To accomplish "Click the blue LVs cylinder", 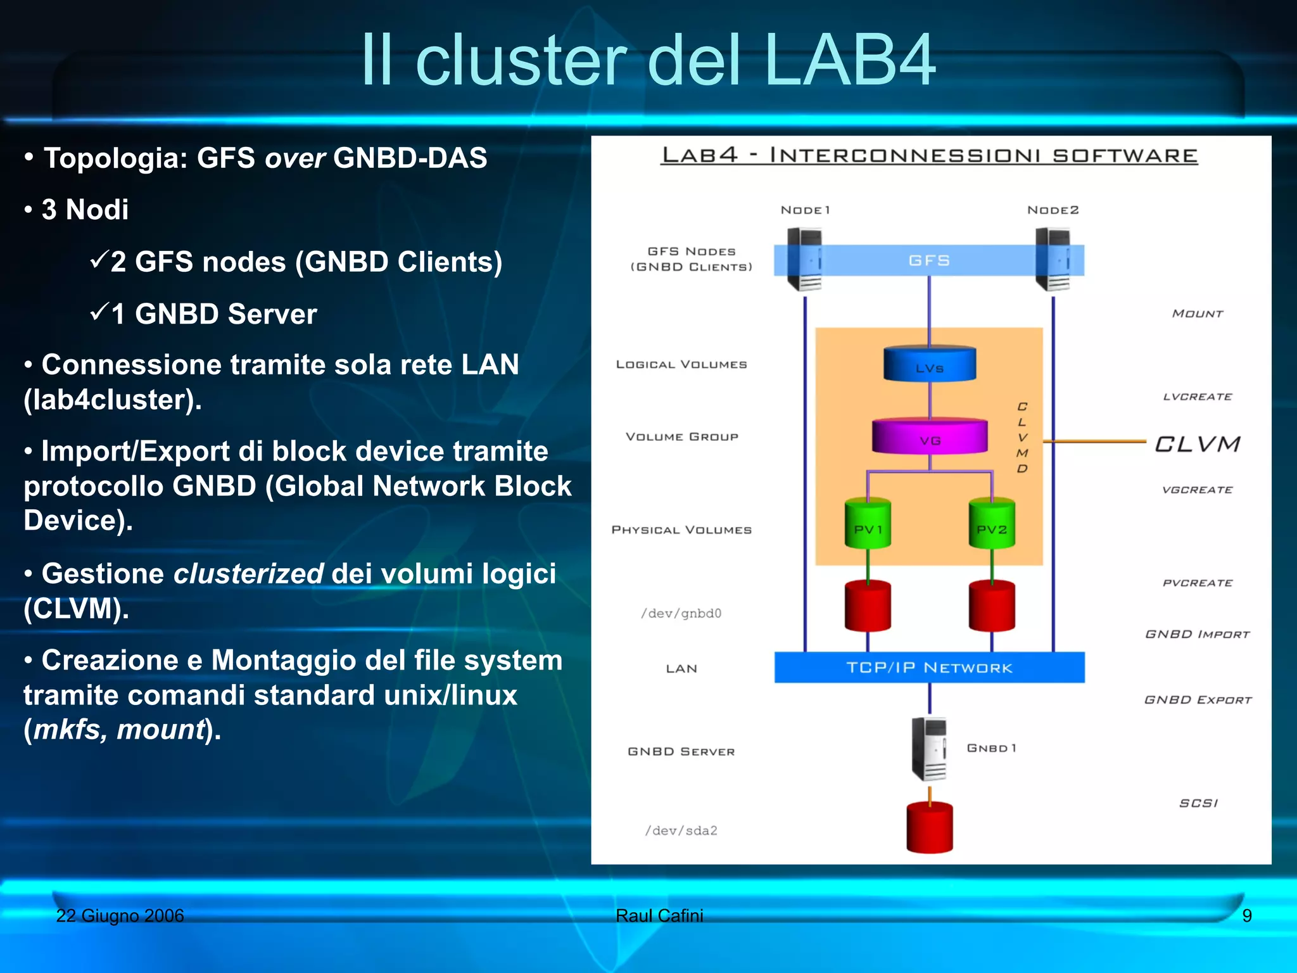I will pos(929,364).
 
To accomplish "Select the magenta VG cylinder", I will pos(929,436).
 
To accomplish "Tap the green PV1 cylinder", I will pos(868,524).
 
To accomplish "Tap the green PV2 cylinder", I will pos(991,524).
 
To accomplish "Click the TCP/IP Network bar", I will pos(929,667).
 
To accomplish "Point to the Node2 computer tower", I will pos(1053,259).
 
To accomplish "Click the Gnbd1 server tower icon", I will pos(929,749).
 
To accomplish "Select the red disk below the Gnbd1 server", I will pos(929,827).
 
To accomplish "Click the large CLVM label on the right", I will pos(1197,444).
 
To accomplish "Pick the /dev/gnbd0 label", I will pos(681,613).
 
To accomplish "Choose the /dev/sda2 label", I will pos(681,830).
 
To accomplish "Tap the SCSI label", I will pos(1198,803).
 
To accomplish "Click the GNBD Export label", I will pos(1198,699).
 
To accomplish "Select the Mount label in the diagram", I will pos(1197,314).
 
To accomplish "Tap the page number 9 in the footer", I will pos(1246,915).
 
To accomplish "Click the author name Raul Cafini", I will pos(659,915).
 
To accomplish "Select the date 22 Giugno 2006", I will pos(120,915).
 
